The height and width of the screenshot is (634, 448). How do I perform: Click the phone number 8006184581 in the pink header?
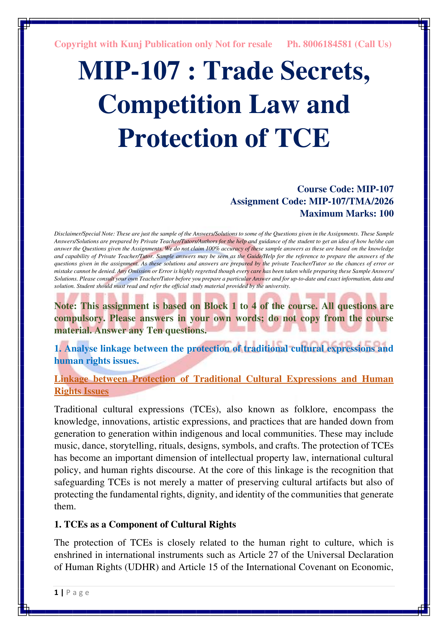(327, 44)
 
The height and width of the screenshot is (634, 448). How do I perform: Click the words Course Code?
(325, 189)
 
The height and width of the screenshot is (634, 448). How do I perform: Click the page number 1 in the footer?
(56, 593)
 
